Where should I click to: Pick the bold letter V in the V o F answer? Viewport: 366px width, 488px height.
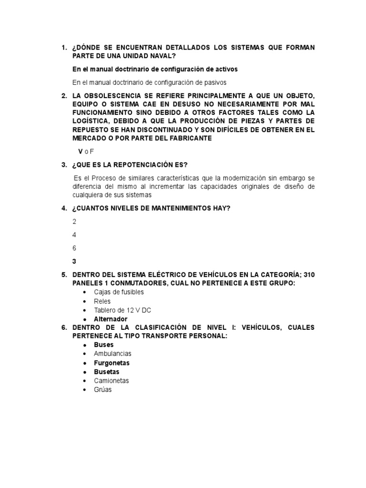tap(81, 151)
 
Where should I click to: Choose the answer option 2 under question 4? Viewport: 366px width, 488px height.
tap(74, 222)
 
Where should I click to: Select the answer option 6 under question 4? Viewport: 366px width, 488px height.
tap(74, 248)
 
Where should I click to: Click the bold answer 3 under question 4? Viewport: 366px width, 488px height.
tap(74, 261)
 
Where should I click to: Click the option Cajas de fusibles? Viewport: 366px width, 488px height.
tap(119, 292)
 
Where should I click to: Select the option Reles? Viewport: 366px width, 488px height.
tap(102, 301)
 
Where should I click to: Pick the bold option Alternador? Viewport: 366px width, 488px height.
tap(111, 319)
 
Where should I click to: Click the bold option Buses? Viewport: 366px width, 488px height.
tap(104, 345)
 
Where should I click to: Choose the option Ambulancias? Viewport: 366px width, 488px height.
tap(112, 354)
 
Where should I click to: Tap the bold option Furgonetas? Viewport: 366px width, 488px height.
tap(112, 363)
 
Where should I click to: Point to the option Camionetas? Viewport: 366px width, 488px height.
tap(112, 381)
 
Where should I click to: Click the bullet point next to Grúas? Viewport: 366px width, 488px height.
tap(84, 390)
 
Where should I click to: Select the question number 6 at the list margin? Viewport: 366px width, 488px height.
tap(64, 328)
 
